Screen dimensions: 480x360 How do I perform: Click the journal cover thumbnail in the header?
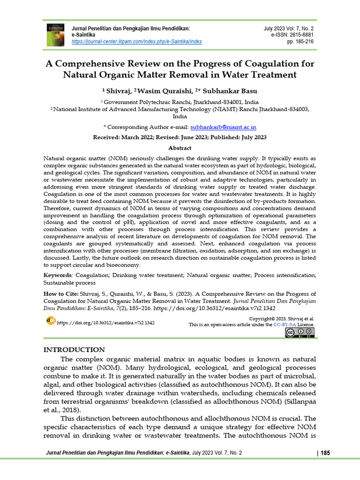(55, 35)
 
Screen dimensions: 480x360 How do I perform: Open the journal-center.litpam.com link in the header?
(136, 42)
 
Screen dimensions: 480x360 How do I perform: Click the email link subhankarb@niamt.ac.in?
(223, 127)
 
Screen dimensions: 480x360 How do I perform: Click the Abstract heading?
(180, 148)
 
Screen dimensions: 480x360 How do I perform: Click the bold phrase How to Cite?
(60, 294)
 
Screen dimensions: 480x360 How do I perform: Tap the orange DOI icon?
(50, 320)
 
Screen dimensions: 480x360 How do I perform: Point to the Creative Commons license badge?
(300, 333)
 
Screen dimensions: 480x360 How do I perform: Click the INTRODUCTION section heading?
(74, 350)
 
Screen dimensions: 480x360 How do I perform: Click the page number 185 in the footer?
(326, 453)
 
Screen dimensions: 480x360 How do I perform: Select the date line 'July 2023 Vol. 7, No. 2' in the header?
(289, 29)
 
